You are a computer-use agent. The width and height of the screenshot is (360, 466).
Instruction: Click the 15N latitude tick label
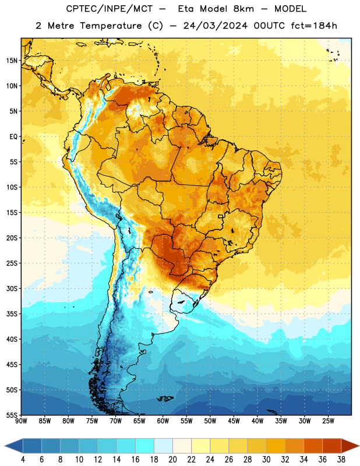(x=12, y=61)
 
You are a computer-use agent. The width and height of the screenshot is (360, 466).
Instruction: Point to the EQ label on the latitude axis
(x=13, y=137)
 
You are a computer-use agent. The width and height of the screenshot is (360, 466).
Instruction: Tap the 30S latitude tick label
(x=12, y=288)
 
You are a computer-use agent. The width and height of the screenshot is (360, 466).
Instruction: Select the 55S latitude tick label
(x=12, y=415)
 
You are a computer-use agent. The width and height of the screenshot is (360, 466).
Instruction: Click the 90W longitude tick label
(x=21, y=421)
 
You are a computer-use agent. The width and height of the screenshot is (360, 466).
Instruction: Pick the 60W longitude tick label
(x=163, y=421)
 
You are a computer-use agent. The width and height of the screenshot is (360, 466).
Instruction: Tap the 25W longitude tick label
(x=328, y=421)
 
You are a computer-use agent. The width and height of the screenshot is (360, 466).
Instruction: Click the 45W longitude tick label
(x=234, y=421)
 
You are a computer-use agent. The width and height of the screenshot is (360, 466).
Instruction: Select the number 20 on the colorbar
(x=172, y=460)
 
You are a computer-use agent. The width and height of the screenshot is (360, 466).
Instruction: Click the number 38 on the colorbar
(x=341, y=460)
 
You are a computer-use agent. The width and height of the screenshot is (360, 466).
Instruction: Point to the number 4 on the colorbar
(x=23, y=460)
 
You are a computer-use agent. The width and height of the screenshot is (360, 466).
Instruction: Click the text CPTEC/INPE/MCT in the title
(x=110, y=9)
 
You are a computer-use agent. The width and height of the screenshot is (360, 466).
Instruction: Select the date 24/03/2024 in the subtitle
(x=215, y=26)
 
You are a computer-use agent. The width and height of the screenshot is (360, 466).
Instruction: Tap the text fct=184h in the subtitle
(x=314, y=26)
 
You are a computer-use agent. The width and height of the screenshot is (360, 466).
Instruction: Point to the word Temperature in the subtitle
(x=111, y=26)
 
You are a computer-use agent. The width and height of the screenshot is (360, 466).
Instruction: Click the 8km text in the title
(x=243, y=9)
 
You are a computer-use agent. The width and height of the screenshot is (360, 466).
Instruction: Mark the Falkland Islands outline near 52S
(x=165, y=398)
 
